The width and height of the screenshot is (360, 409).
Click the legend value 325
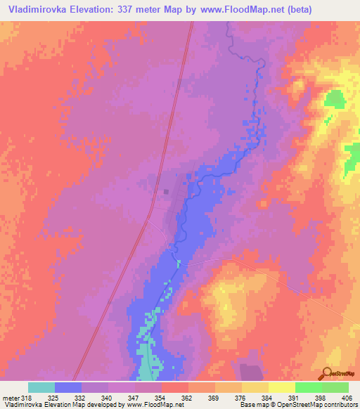click(x=68, y=398)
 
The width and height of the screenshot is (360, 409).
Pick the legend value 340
click(x=95, y=398)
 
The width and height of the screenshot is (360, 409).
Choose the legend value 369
click(x=202, y=398)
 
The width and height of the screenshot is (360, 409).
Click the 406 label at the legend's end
click(x=336, y=398)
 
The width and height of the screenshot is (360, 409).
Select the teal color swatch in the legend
click(x=41, y=387)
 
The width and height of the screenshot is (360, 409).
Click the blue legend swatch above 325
click(x=68, y=387)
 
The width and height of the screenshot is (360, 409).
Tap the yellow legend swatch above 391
click(x=281, y=387)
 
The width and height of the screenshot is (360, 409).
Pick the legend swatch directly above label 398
click(x=308, y=387)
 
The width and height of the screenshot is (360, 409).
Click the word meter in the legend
click(x=11, y=398)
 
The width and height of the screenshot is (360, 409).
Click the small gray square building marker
click(x=166, y=190)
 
